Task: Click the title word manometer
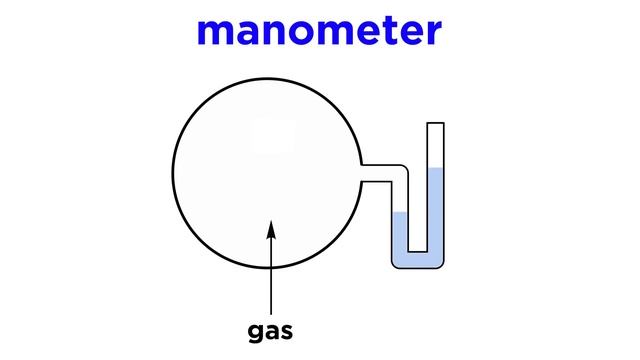click(x=319, y=33)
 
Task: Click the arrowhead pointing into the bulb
click(x=271, y=230)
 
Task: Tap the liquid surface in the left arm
click(x=399, y=212)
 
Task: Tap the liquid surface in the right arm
click(x=435, y=171)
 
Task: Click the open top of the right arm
click(x=435, y=123)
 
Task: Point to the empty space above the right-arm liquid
click(x=435, y=147)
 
